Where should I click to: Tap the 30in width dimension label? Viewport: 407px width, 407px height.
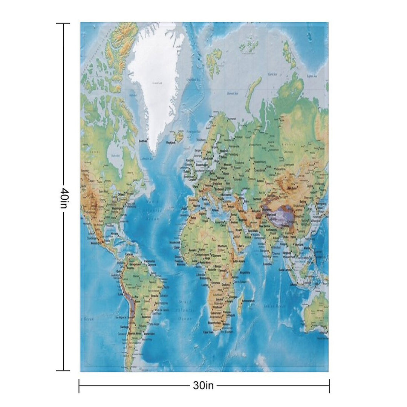pos(203,386)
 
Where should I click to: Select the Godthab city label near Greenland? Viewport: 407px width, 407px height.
pos(143,141)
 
